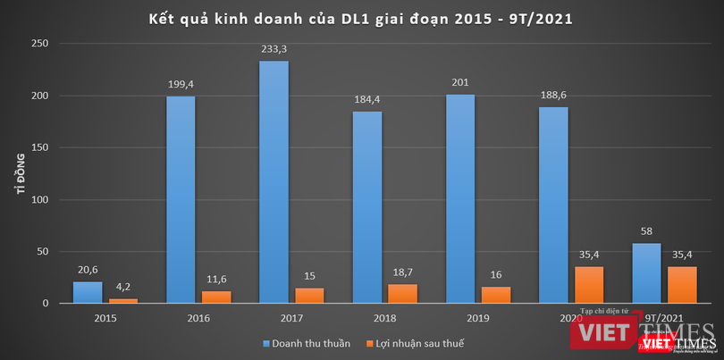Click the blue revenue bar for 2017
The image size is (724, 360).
tap(274, 182)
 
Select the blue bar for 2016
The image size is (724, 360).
tap(181, 200)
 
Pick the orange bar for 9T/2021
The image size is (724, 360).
tap(682, 285)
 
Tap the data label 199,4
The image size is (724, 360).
tap(181, 86)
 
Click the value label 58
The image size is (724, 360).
tap(647, 232)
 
